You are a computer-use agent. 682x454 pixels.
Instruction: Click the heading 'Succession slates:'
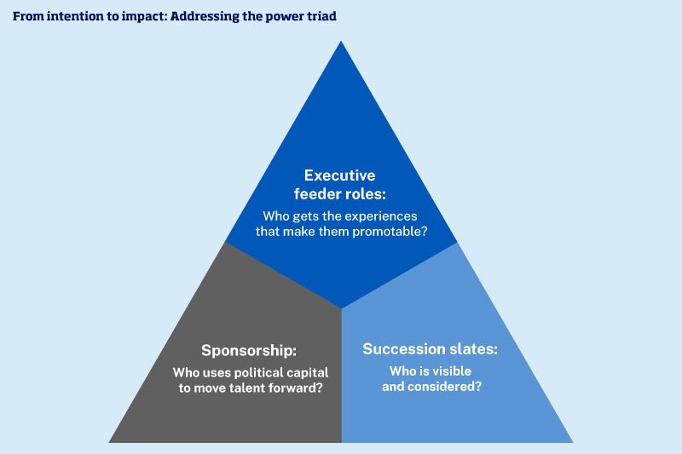click(x=431, y=349)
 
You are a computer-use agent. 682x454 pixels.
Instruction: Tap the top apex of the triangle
click(x=341, y=42)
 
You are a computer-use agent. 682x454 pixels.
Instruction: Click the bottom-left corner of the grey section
click(x=110, y=441)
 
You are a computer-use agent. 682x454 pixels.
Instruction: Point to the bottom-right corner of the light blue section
click(x=572, y=441)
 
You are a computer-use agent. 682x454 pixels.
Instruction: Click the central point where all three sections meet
click(x=341, y=308)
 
